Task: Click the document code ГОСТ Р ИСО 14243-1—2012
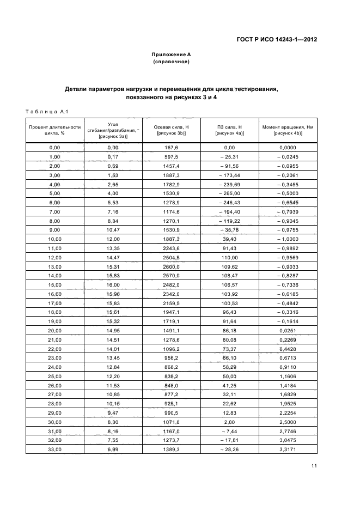pos(277,39)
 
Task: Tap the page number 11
pos(314,466)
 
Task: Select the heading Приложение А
pos(171,54)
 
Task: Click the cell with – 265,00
pos(229,193)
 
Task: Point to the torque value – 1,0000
pos(288,240)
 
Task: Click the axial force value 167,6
pos(171,147)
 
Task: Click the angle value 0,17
pos(113,156)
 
